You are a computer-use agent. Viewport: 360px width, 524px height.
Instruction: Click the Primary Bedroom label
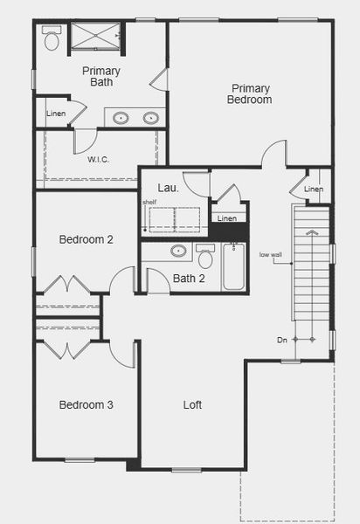[251, 93]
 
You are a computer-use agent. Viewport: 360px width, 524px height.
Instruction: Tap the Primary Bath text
[101, 76]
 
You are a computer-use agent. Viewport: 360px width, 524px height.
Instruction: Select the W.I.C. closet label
[98, 159]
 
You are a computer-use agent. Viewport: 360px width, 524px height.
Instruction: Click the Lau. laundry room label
[168, 188]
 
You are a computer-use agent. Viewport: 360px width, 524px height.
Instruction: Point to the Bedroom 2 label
[86, 239]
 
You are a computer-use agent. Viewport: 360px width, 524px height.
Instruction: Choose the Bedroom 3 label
[86, 404]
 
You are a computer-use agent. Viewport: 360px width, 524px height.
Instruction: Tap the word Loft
[192, 404]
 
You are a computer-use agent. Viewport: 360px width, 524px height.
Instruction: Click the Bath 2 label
[189, 279]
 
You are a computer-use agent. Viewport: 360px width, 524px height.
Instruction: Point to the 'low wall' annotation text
[270, 255]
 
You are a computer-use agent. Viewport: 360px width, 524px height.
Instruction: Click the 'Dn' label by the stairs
[281, 339]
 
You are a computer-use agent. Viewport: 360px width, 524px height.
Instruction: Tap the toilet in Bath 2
[206, 257]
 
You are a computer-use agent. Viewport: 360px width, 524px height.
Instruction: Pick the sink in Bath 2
[178, 252]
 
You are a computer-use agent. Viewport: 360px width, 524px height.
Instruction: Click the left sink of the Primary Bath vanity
[121, 117]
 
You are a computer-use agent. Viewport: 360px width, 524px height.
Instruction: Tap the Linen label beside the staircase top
[313, 190]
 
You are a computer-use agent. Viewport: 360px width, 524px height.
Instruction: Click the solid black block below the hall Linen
[228, 232]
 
